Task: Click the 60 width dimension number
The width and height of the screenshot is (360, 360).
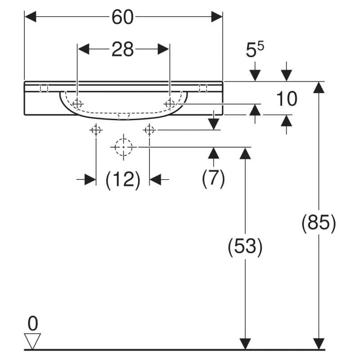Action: [122, 17]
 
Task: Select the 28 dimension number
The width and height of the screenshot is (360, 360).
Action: [122, 49]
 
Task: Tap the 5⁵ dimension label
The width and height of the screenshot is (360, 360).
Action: [255, 49]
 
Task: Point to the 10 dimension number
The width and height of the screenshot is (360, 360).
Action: [287, 99]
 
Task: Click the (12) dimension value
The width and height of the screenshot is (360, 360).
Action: [123, 180]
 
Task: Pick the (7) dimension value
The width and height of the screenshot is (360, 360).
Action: [213, 178]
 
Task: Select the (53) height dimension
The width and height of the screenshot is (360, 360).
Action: [245, 247]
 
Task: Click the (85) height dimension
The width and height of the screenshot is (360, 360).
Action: [319, 222]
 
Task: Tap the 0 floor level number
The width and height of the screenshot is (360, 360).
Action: [32, 324]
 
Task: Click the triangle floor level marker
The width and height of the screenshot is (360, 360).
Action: [32, 341]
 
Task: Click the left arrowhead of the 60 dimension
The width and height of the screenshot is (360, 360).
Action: [31, 17]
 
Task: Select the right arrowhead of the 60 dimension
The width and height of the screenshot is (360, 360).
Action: [217, 17]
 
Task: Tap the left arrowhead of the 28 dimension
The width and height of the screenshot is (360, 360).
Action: [84, 49]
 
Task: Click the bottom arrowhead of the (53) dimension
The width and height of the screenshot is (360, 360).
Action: [245, 344]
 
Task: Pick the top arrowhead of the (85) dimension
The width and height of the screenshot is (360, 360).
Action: [319, 87]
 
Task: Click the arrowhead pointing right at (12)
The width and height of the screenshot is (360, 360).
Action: [90, 179]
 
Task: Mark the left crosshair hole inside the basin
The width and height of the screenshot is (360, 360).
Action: [77, 104]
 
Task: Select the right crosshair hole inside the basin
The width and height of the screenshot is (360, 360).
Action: [170, 104]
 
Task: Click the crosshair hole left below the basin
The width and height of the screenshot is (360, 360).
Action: [96, 130]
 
